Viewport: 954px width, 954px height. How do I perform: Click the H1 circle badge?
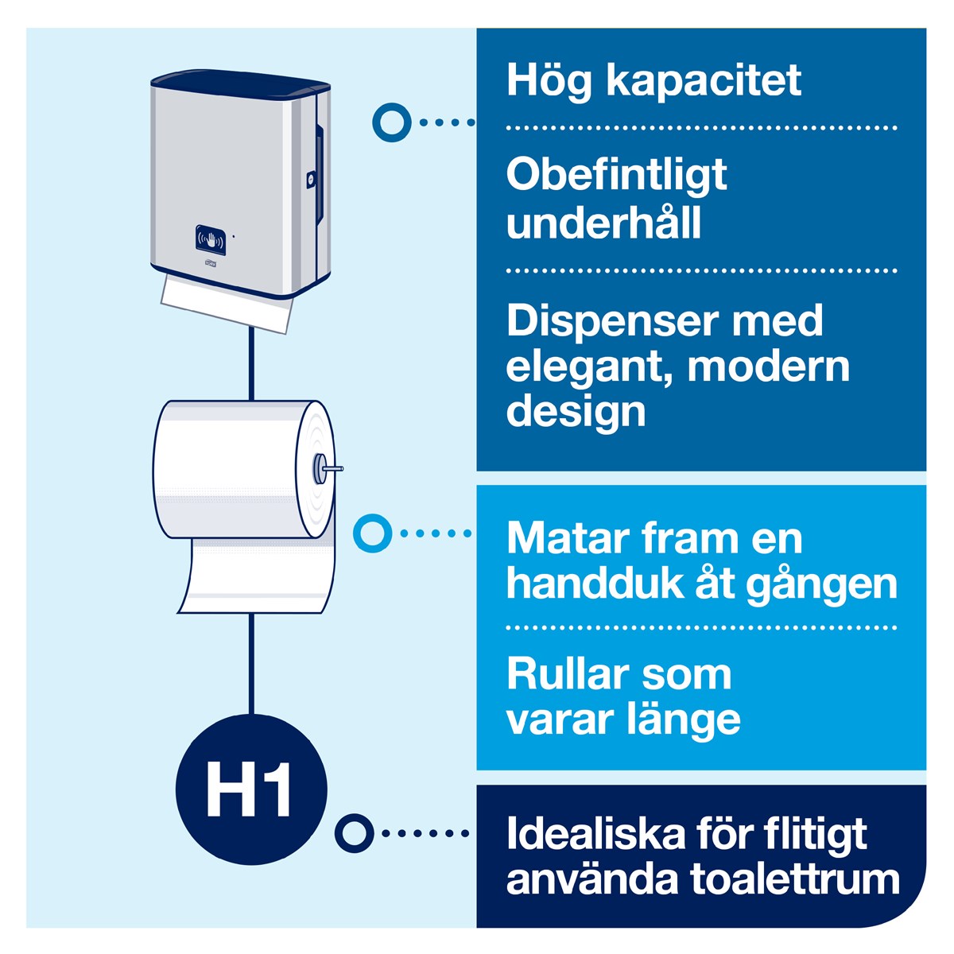[251, 789]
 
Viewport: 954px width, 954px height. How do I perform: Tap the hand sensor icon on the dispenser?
[211, 240]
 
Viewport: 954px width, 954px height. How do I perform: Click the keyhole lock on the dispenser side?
[310, 179]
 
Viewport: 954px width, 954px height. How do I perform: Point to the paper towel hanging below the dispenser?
[227, 304]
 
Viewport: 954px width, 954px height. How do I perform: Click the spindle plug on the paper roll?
[327, 467]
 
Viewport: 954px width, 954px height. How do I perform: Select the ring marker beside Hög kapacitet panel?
[392, 122]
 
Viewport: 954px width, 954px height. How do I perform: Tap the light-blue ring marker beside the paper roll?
[372, 533]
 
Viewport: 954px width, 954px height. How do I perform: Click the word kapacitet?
[704, 82]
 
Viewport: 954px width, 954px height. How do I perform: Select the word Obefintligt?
[616, 176]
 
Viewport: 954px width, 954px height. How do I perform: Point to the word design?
[576, 413]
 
